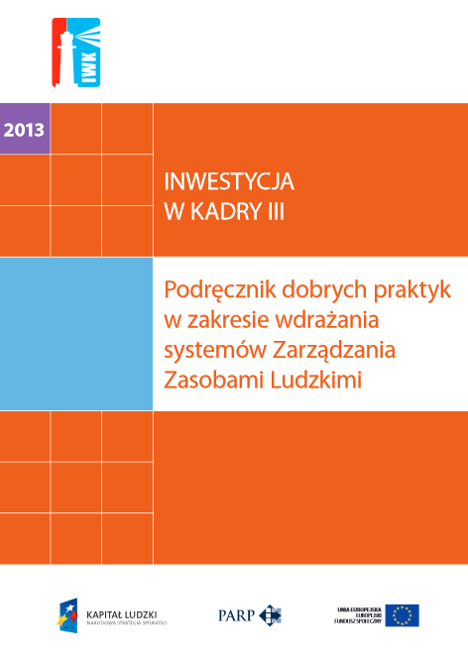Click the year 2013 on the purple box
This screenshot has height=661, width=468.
click(25, 129)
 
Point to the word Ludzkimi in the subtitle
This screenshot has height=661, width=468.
click(314, 380)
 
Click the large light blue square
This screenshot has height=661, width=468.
click(76, 333)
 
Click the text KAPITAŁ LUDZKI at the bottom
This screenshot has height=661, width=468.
click(122, 612)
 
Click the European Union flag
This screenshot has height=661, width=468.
click(403, 615)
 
